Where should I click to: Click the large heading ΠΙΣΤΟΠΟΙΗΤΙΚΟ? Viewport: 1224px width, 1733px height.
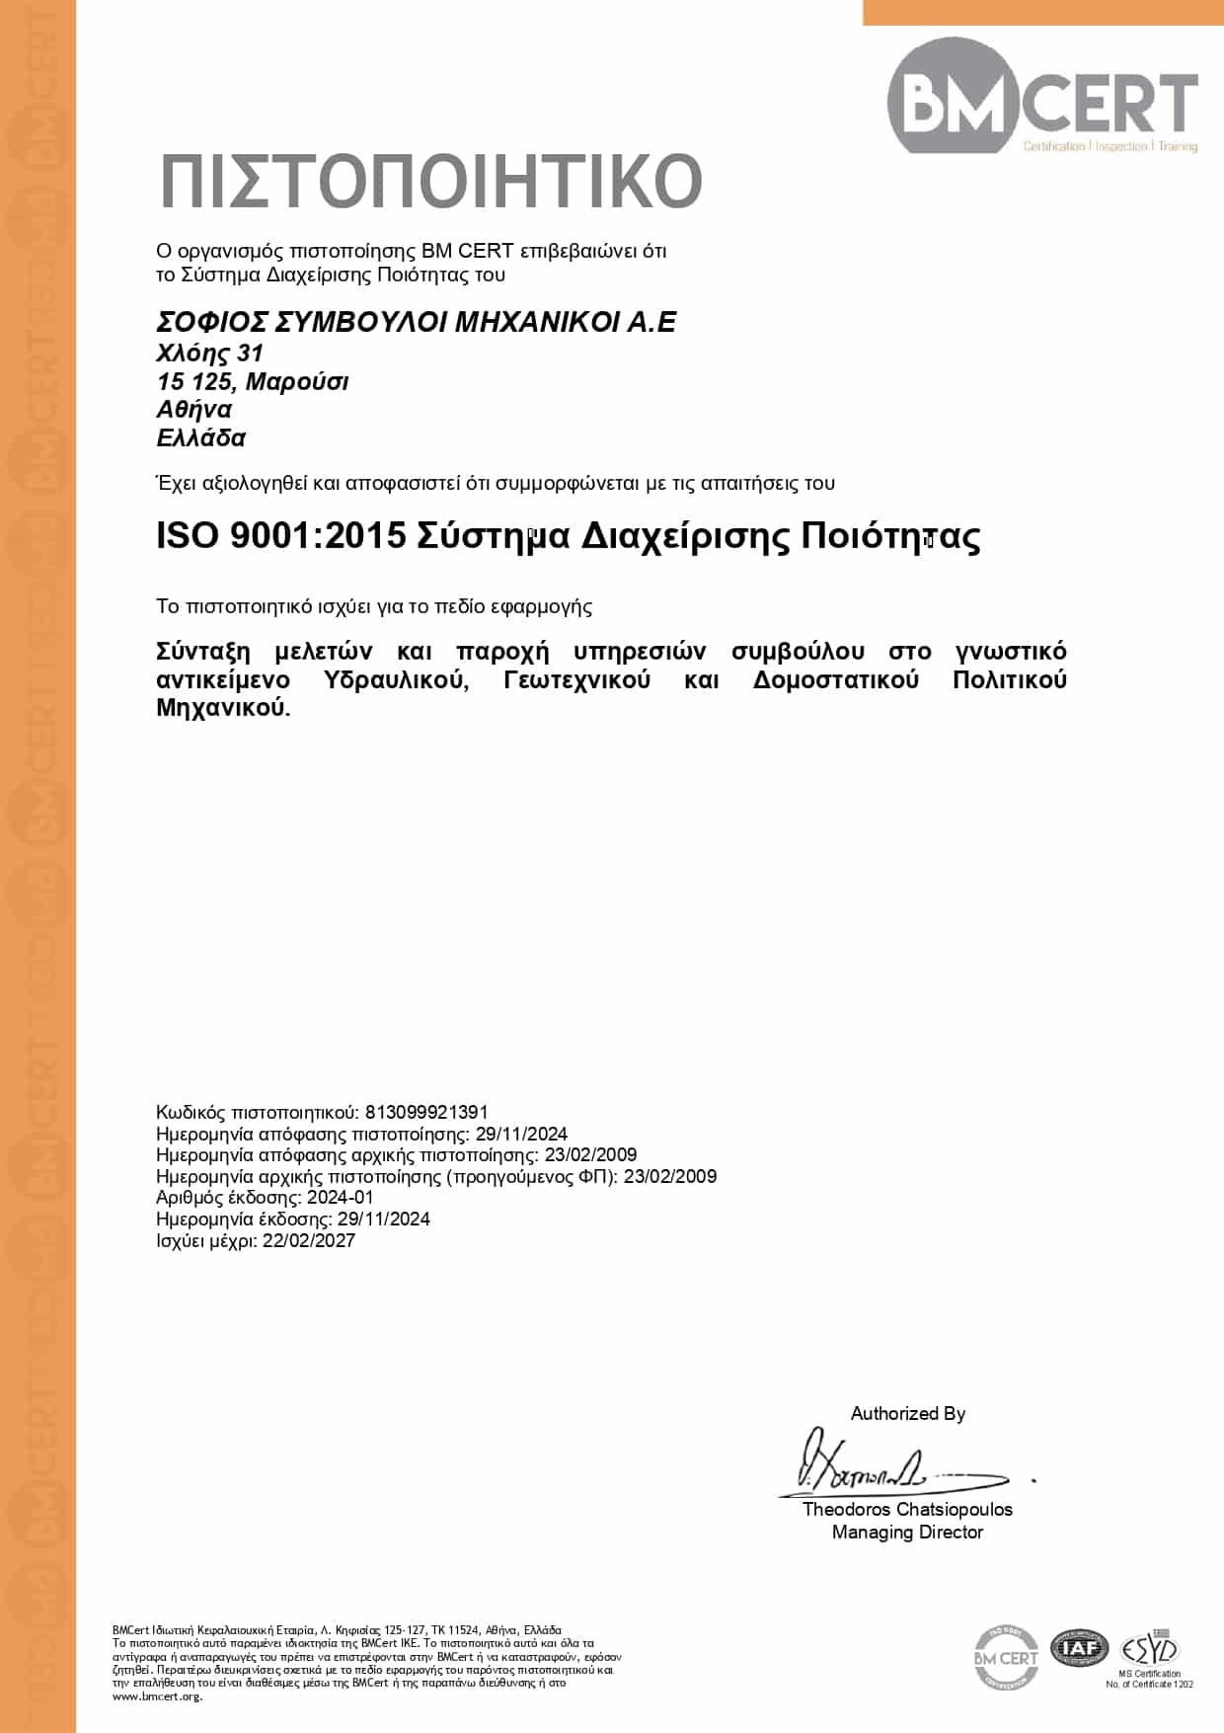point(430,182)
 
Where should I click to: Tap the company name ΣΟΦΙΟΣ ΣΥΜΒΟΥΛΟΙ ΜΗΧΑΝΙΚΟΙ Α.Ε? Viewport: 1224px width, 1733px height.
point(417,322)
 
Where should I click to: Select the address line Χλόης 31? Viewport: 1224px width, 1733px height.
point(210,353)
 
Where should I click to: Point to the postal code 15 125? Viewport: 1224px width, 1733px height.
point(193,381)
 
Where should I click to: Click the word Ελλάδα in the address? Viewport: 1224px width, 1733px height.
point(201,437)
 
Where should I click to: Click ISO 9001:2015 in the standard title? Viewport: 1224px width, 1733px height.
point(281,535)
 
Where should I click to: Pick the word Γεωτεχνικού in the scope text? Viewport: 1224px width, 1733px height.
point(576,679)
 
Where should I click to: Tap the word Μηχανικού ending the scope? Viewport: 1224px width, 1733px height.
point(223,708)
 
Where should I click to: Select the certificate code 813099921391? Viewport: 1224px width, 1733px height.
point(426,1112)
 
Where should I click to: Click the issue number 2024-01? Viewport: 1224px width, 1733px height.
point(341,1198)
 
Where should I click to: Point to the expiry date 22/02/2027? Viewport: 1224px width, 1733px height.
point(309,1240)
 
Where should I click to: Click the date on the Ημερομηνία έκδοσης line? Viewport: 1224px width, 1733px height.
point(384,1219)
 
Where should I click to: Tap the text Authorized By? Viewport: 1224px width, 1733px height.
point(908,1413)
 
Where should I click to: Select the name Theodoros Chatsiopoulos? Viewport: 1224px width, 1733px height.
point(907,1509)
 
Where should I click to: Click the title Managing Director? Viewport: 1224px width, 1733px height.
point(907,1532)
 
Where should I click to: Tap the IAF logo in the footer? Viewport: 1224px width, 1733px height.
point(1079,1648)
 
